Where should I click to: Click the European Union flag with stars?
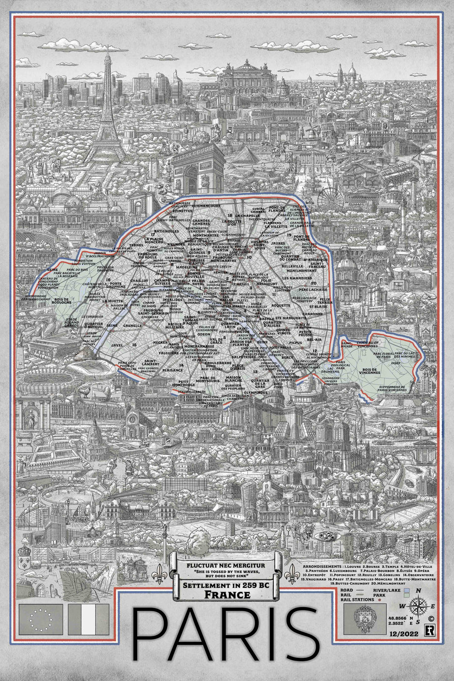41,620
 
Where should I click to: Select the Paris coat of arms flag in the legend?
363,620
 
